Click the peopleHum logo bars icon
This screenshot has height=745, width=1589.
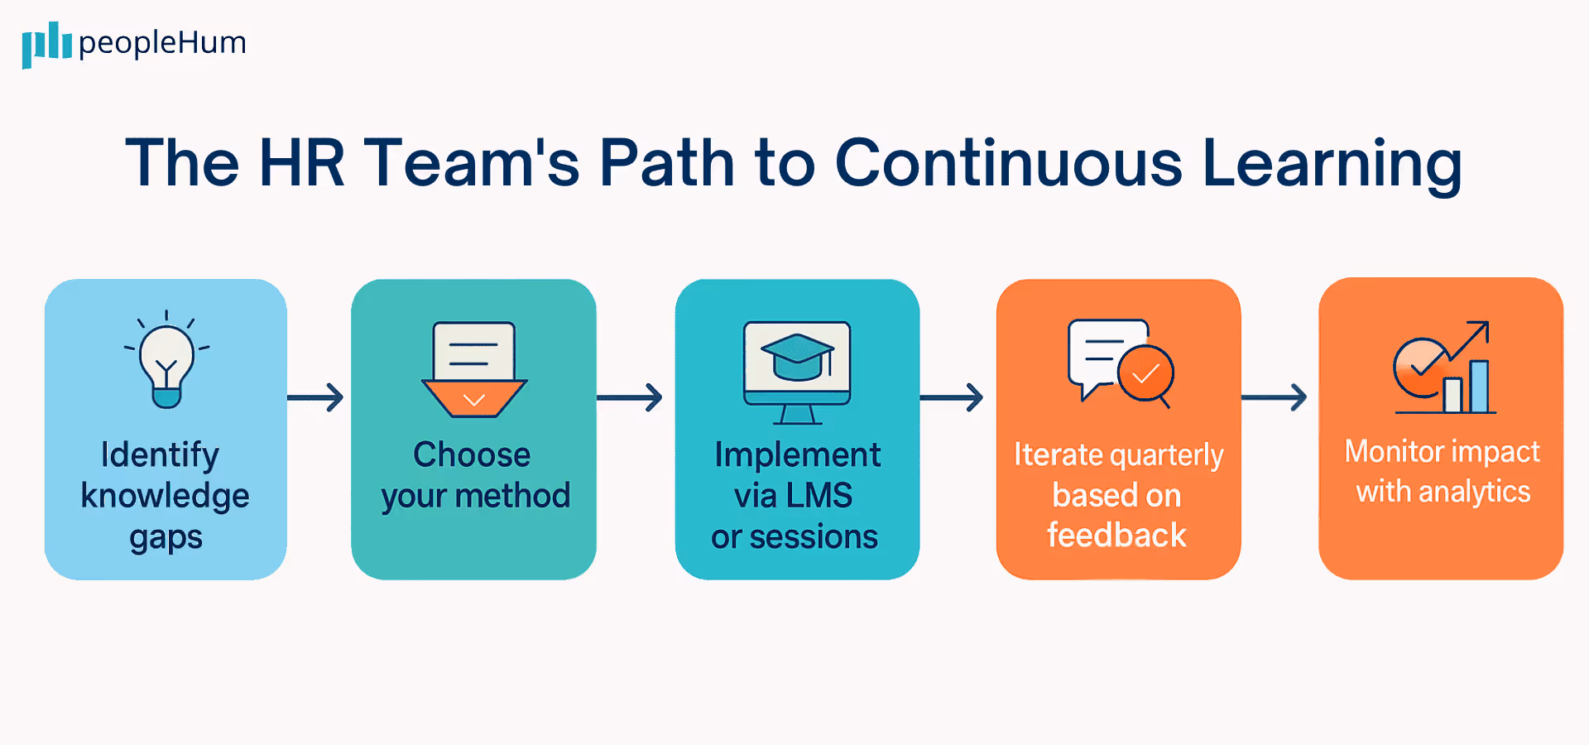pyautogui.click(x=46, y=43)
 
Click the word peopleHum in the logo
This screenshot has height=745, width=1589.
pyautogui.click(x=162, y=42)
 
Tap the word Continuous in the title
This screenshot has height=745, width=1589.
pyautogui.click(x=1009, y=163)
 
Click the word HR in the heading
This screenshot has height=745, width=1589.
pyautogui.click(x=301, y=163)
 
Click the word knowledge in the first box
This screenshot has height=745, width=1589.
pyautogui.click(x=165, y=496)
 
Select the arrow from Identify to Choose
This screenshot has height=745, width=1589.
pyautogui.click(x=316, y=397)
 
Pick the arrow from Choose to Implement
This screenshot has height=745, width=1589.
pyautogui.click(x=631, y=397)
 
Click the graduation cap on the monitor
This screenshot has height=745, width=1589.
pyautogui.click(x=797, y=356)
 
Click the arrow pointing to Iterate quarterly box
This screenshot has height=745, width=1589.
pyautogui.click(x=952, y=397)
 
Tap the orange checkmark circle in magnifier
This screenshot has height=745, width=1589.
pyautogui.click(x=1145, y=374)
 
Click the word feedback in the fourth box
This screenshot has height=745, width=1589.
pyautogui.click(x=1116, y=536)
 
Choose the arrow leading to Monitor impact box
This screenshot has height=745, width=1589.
pyautogui.click(x=1275, y=397)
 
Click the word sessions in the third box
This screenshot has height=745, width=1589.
pyautogui.click(x=814, y=537)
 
